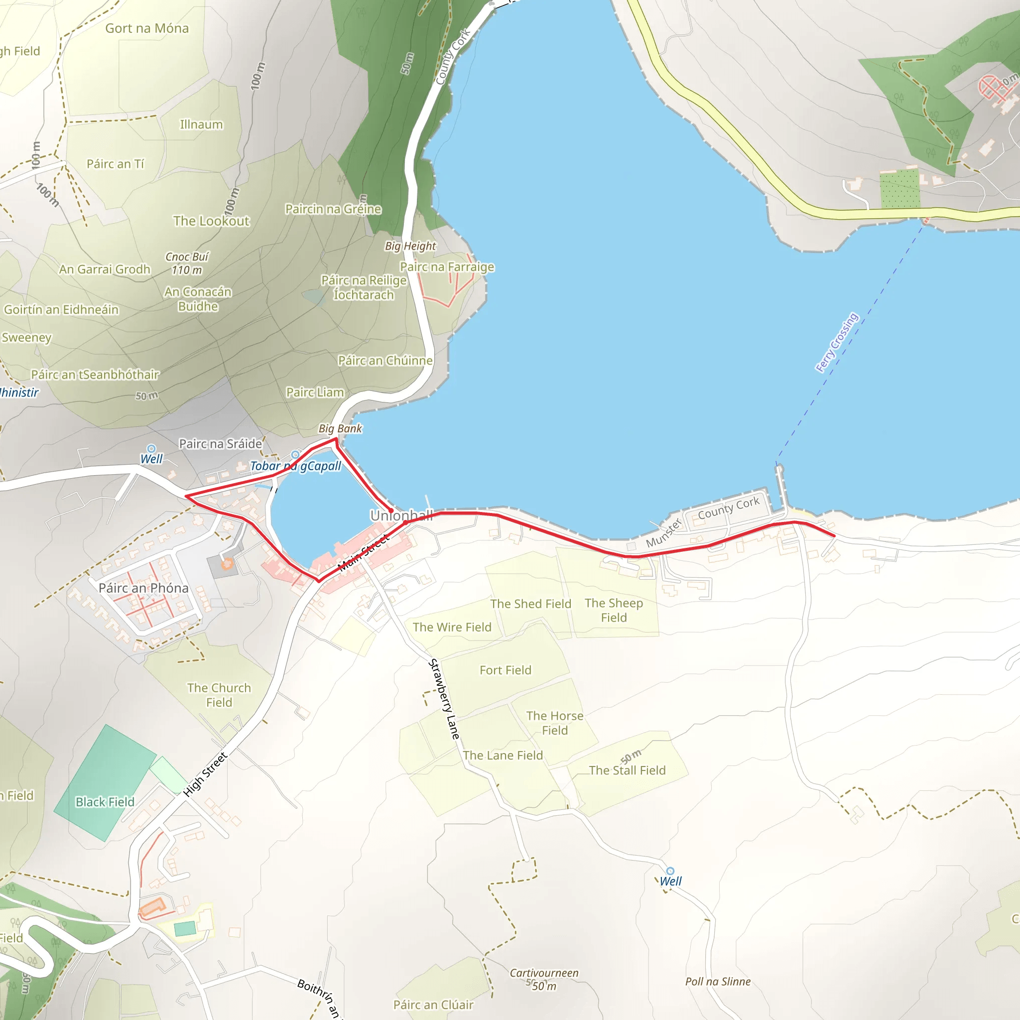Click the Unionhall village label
point(401,515)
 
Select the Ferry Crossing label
point(837,343)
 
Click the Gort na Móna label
point(147,28)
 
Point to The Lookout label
point(211,221)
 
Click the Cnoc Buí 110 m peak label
point(187,263)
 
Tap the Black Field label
point(105,802)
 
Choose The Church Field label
point(219,695)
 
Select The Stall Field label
point(627,770)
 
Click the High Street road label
point(205,774)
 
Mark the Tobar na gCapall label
point(295,466)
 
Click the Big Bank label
point(340,428)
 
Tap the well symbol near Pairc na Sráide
point(151,449)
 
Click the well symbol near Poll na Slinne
point(670,871)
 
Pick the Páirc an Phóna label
point(143,588)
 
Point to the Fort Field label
point(505,670)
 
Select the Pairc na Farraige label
point(447,266)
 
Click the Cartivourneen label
point(544,973)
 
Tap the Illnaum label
point(201,124)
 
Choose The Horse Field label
point(554,723)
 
